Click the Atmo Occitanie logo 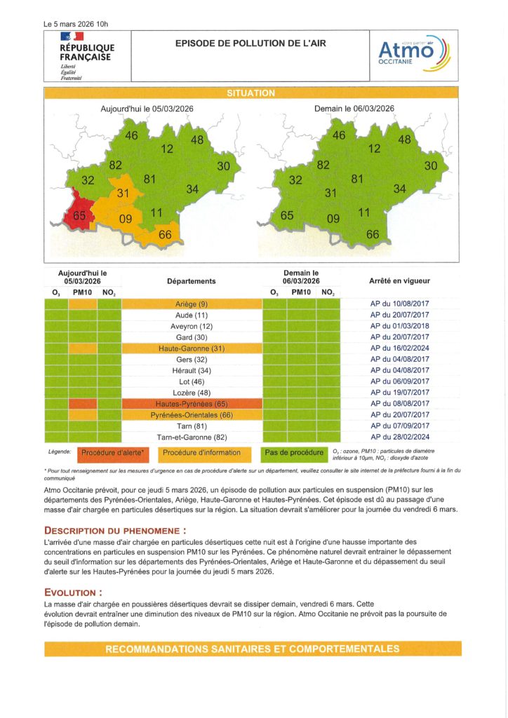(414, 55)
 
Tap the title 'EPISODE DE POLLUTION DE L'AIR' (250, 43)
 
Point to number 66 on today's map (166, 235)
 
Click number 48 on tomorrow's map (405, 140)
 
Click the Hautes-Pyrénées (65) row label (192, 405)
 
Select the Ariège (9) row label (192, 304)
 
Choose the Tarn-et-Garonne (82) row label (192, 438)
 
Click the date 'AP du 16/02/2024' (399, 348)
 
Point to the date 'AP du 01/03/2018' (399, 326)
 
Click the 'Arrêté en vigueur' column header (399, 280)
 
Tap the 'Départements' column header (192, 280)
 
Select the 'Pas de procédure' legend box (294, 453)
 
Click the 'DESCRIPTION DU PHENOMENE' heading (116, 531)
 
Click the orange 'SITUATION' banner (250, 93)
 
